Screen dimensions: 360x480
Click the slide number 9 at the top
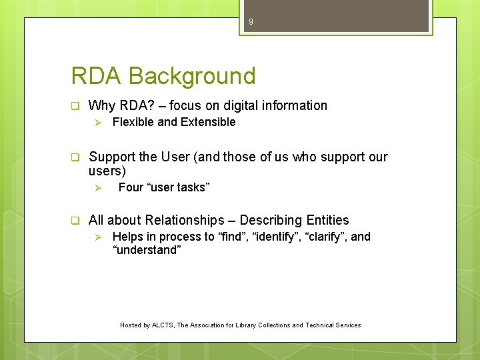pos(251,23)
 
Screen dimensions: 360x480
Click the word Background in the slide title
pos(192,76)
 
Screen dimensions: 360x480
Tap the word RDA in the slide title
pos(97,76)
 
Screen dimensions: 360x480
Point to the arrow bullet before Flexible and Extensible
pos(97,123)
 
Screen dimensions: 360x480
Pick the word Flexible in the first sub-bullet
pos(133,122)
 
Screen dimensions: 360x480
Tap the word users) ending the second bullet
pos(107,171)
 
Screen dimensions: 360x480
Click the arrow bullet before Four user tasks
pos(97,188)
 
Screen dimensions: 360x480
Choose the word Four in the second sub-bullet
pos(131,187)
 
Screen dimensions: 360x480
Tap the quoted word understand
pos(147,250)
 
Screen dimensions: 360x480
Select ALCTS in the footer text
pos(163,325)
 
